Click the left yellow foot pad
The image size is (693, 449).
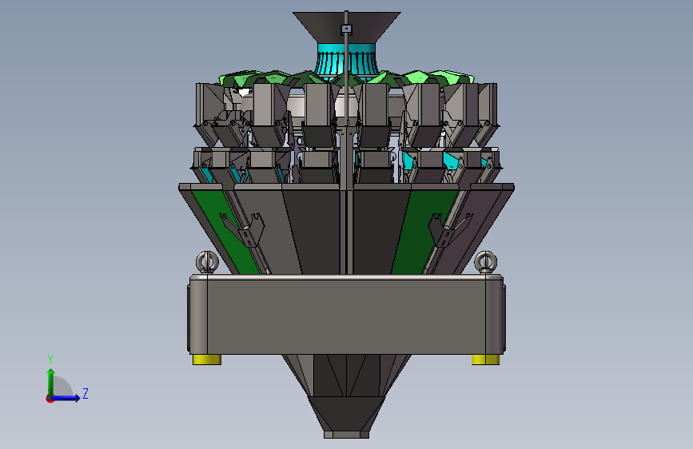pos(207,360)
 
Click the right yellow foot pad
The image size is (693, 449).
pos(486,360)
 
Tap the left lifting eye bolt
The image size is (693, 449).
pos(207,262)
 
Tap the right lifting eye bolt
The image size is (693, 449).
pos(486,262)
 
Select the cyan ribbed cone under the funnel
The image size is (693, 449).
pos(346,62)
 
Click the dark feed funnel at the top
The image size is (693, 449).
pos(347,27)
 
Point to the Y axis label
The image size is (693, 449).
pos(50,360)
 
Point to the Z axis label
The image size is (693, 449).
pos(86,393)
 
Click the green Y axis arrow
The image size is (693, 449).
pos(51,383)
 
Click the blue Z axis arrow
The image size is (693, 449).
pos(66,398)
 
